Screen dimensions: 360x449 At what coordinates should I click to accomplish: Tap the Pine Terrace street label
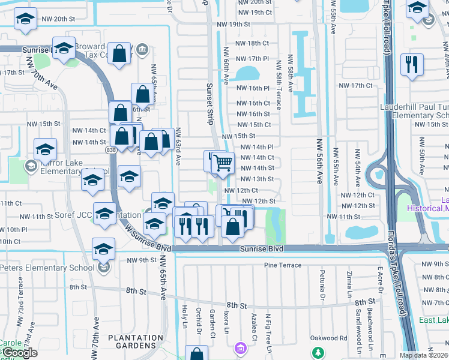pos(283,265)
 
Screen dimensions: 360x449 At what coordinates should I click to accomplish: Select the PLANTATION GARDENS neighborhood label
pos(135,342)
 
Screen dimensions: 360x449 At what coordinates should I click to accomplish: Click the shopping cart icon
pos(223,162)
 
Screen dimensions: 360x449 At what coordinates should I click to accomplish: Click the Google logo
pos(19,353)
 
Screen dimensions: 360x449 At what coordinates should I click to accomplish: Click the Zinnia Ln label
pos(349,287)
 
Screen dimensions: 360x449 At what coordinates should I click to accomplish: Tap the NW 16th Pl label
pos(255,88)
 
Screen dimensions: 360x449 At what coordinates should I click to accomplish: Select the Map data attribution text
pos(423,355)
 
